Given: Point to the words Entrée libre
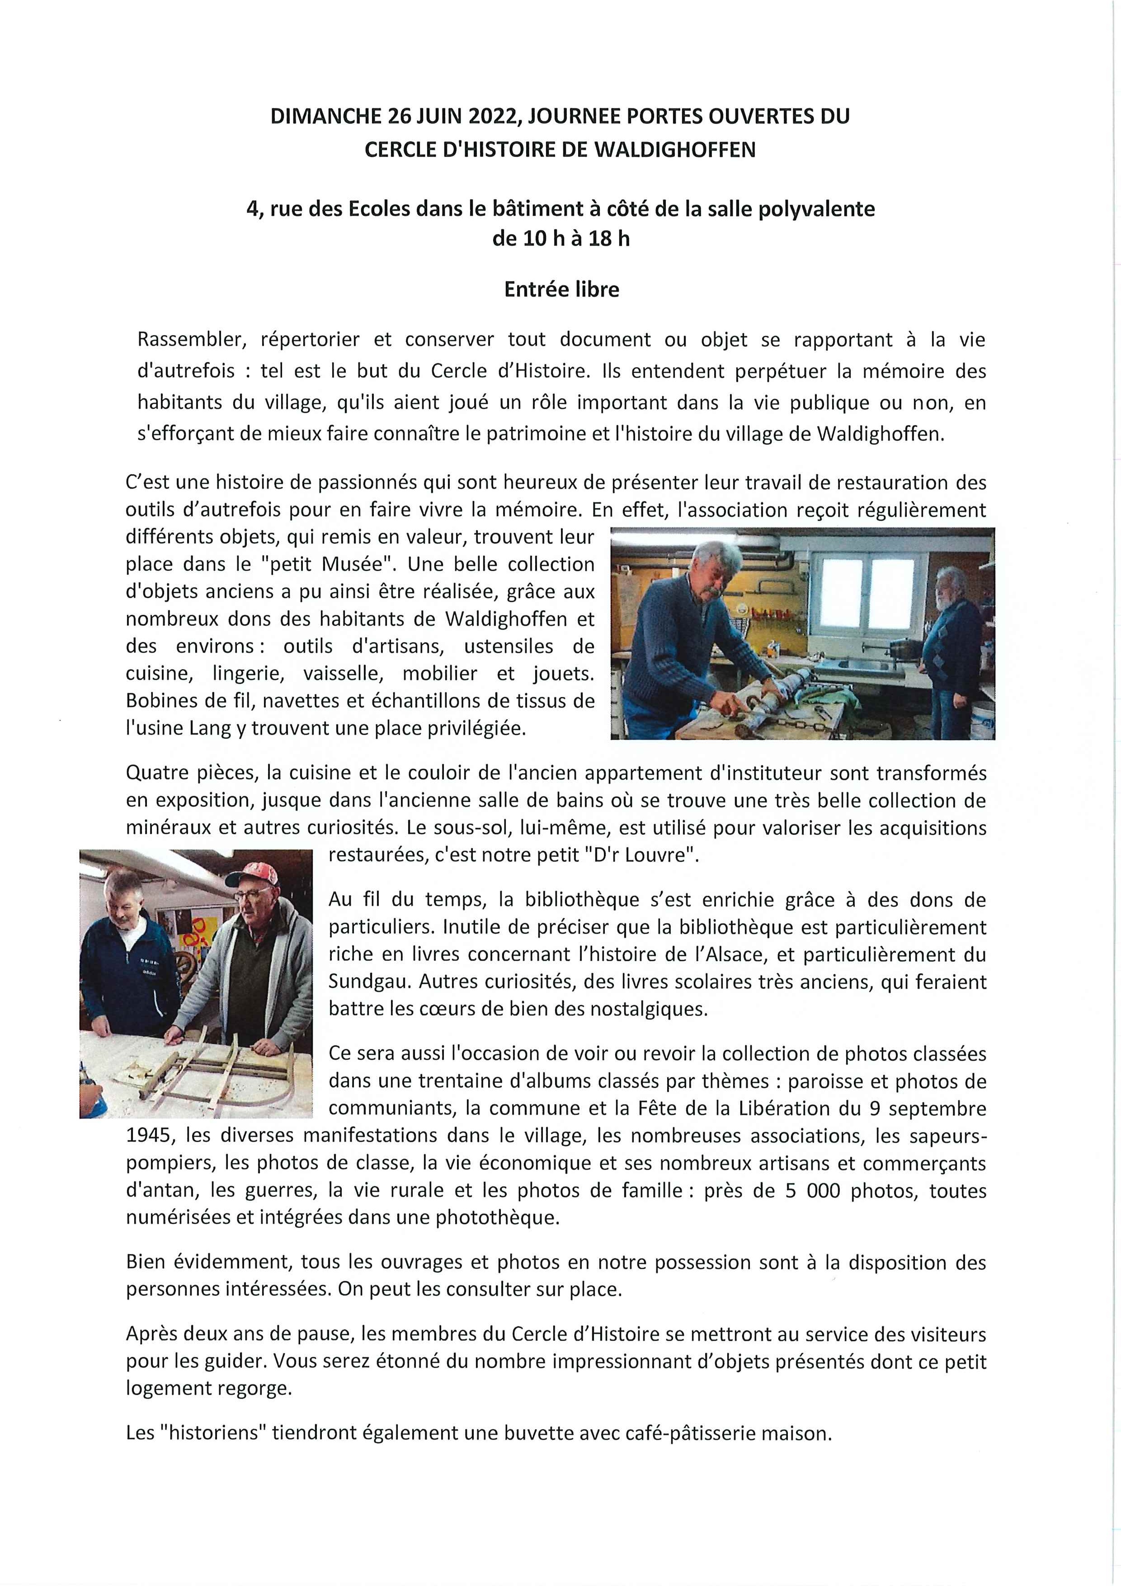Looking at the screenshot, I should click(x=561, y=289).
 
